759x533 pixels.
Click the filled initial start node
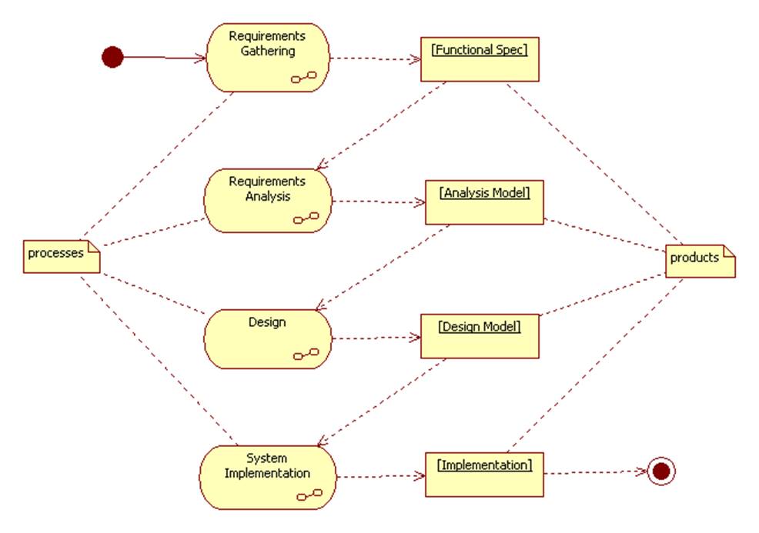coord(112,57)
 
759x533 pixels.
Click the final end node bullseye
coord(660,471)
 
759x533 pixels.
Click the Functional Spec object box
coord(480,58)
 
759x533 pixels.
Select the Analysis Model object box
coord(484,202)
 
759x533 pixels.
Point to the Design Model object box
coord(480,335)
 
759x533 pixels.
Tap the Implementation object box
coord(484,474)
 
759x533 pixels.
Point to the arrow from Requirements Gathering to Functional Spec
coord(374,58)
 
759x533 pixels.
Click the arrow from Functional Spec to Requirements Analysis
coord(381,125)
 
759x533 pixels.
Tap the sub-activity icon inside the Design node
coord(306,354)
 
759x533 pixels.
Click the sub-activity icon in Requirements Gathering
coord(304,77)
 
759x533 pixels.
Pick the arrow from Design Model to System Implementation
coord(381,402)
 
